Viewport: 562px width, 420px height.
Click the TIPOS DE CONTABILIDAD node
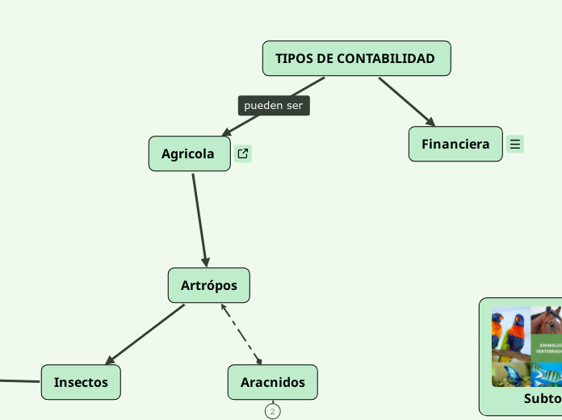click(356, 59)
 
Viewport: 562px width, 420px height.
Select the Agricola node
click(189, 153)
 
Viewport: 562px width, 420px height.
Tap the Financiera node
click(455, 144)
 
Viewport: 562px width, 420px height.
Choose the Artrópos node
click(208, 285)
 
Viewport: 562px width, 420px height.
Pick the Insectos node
click(81, 382)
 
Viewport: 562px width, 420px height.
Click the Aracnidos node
click(273, 382)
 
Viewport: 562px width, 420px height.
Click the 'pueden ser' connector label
click(273, 106)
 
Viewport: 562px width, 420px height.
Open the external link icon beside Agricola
click(243, 153)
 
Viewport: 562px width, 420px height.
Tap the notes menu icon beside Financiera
click(515, 145)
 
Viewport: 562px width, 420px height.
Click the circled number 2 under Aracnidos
click(273, 412)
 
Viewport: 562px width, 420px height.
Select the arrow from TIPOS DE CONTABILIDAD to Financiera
click(406, 101)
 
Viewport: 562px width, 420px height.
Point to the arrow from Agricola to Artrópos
click(199, 218)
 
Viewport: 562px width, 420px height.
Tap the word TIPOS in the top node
click(293, 59)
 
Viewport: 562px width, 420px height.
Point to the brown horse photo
click(547, 321)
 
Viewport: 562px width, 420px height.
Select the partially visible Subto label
click(542, 399)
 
